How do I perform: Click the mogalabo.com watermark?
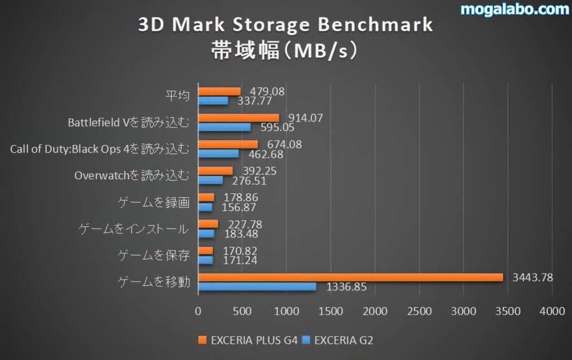(514, 9)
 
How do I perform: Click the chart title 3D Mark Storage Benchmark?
(285, 25)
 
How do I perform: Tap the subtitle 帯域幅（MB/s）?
(284, 50)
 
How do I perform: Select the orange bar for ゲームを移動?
(350, 277)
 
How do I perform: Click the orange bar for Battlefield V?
(239, 118)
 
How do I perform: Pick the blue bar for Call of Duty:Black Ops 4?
(218, 153)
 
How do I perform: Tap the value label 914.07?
(306, 118)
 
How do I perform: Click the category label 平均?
(178, 96)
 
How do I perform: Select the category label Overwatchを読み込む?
(132, 176)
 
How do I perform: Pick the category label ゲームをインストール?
(133, 229)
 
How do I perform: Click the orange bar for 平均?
(220, 91)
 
